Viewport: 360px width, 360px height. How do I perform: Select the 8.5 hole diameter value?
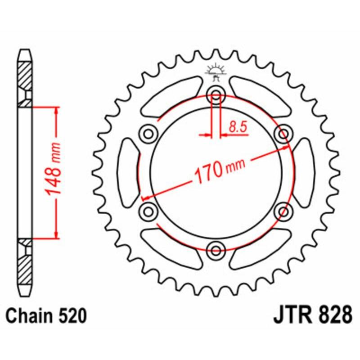tap(238, 127)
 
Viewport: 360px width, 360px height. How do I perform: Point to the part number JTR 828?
tap(312, 315)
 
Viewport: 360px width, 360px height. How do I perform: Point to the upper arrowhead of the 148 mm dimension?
tap(56, 110)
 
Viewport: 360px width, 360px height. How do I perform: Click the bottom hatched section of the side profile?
tap(25, 265)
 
